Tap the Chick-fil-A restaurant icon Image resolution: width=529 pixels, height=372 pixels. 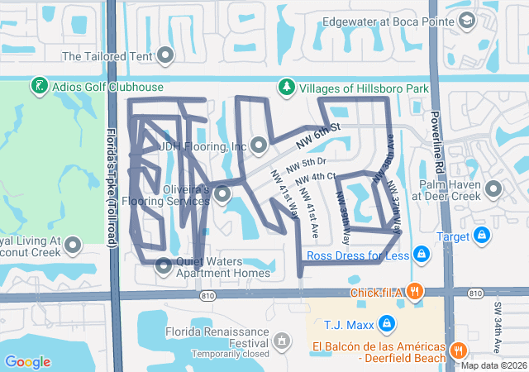point(415,291)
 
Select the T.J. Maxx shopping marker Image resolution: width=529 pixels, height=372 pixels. point(385,322)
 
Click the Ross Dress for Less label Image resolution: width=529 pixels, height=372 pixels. point(358,255)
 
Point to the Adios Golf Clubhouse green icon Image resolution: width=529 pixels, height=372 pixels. point(38,86)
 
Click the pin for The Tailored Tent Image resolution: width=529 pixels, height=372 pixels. point(165,56)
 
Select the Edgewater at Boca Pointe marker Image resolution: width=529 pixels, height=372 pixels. point(467,21)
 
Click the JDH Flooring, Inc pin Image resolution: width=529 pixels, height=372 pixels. point(258,146)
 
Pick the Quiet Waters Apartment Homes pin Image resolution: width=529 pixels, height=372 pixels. point(163,265)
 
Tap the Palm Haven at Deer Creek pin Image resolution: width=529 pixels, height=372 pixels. point(493,189)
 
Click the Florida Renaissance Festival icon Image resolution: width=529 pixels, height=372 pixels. point(283,340)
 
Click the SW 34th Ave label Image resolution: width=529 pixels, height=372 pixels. point(498,318)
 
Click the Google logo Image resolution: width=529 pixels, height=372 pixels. point(27,361)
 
